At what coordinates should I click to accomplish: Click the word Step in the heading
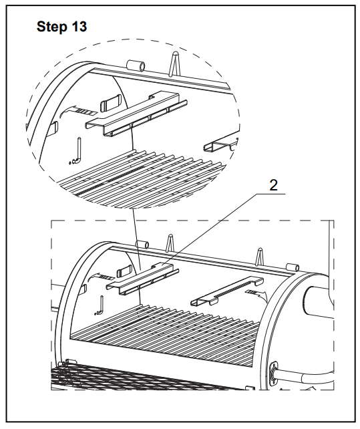click(x=51, y=27)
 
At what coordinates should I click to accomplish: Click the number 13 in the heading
click(x=79, y=27)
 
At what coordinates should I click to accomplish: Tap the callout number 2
click(x=274, y=185)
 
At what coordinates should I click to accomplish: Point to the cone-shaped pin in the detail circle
click(x=175, y=63)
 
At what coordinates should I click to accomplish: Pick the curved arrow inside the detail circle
click(x=77, y=112)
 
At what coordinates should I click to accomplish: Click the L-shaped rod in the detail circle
click(x=77, y=151)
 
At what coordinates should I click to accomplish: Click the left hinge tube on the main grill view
click(x=142, y=245)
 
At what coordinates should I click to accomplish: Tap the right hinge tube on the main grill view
click(x=292, y=267)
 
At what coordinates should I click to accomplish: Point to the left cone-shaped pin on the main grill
click(x=170, y=243)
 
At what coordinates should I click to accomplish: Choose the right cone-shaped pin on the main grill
click(x=260, y=257)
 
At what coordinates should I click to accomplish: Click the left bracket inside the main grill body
click(x=142, y=279)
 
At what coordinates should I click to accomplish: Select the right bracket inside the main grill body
click(x=227, y=291)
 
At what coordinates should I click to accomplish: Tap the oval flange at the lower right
click(x=274, y=374)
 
